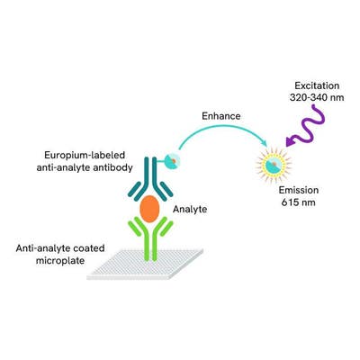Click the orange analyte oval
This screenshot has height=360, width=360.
point(149,209)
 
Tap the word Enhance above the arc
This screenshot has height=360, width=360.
point(221,116)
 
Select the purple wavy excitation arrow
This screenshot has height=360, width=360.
point(305,126)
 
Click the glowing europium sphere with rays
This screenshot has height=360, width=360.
point(274,164)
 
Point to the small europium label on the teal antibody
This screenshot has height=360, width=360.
point(173,160)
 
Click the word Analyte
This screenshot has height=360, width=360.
point(190,209)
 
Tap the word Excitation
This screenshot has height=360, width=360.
point(317,85)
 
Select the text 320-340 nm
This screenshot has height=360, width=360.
point(317,98)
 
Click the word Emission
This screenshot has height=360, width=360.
point(299,190)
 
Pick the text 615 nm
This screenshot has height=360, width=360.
point(299,202)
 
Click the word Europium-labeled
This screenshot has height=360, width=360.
point(85,156)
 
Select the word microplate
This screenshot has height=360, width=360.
point(60,260)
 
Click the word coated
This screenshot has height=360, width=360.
point(89,248)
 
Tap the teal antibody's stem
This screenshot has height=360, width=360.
point(150,173)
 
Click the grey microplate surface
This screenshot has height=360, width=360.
point(145,265)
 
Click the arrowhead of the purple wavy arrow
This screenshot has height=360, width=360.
point(290,141)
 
